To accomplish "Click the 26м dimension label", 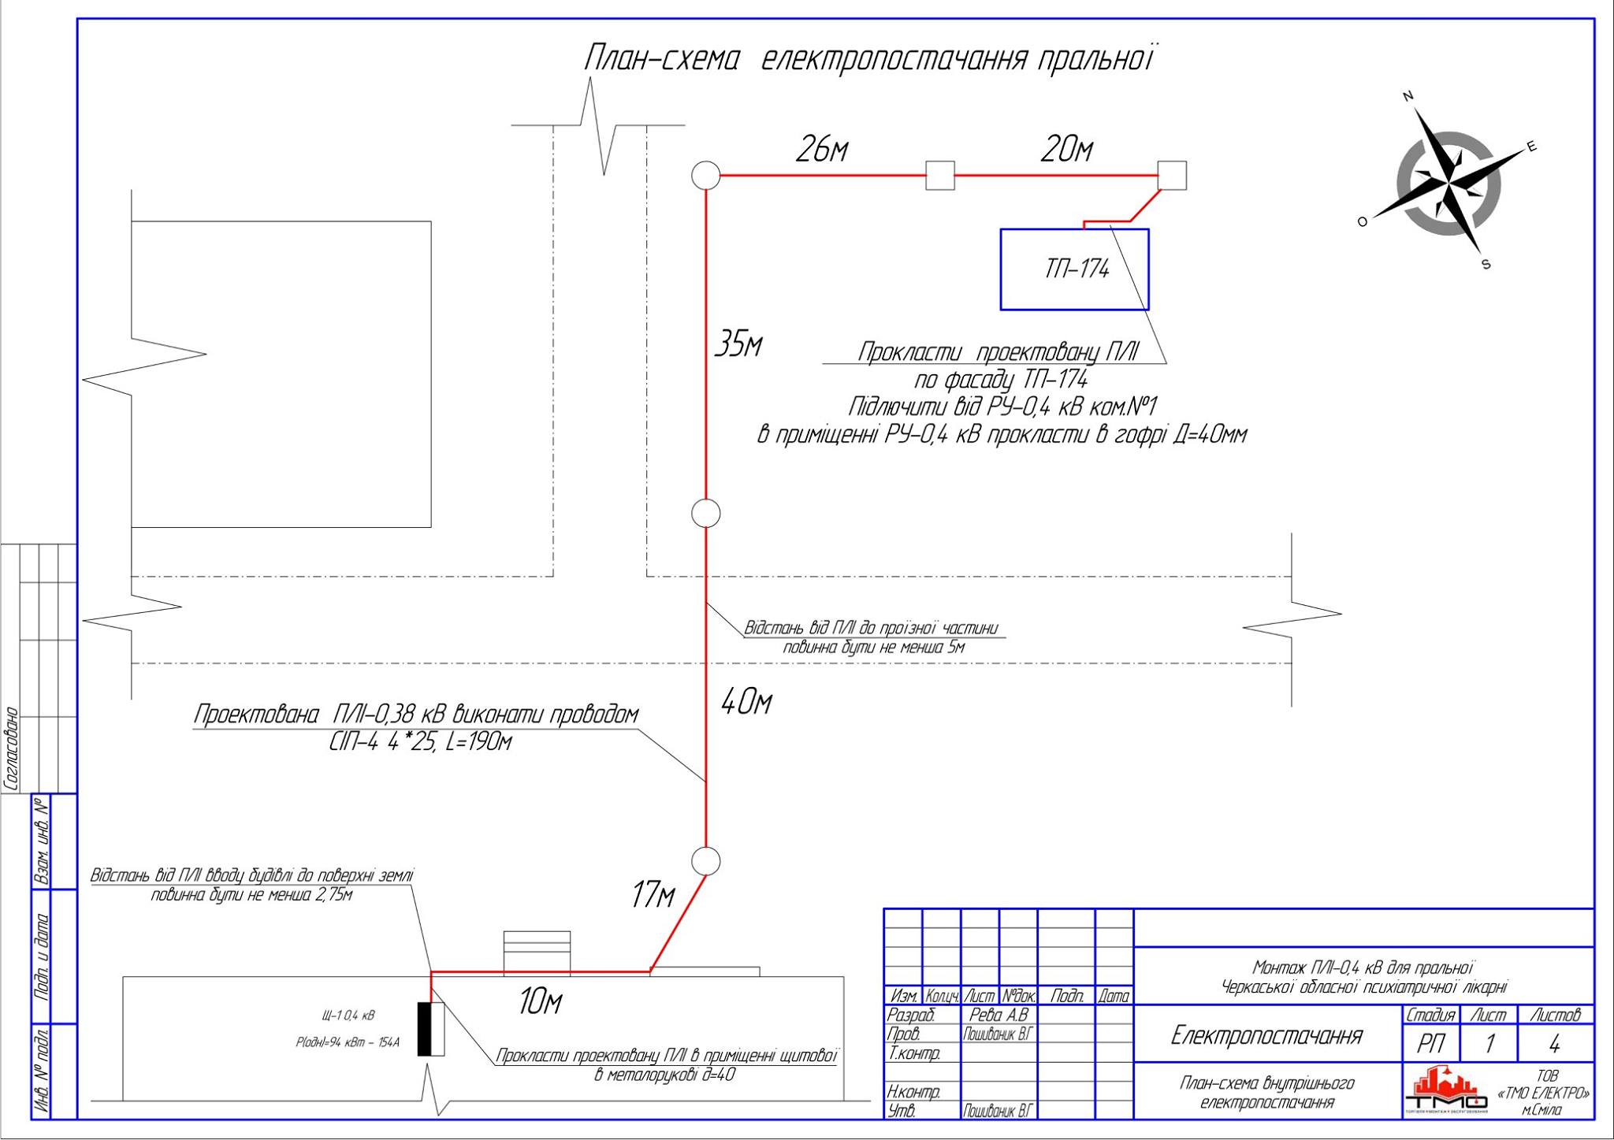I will pos(821,149).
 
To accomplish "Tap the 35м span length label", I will pos(738,344).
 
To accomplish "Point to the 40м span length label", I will pos(746,701).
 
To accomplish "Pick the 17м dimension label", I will pos(653,895).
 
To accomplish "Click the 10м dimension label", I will pos(540,1002).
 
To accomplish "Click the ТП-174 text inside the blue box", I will pos(1077,269).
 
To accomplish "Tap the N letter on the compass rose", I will pos(1408,97).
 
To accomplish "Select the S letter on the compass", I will pos(1486,264).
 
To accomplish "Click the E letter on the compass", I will pos(1532,147).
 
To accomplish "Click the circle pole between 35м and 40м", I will pos(706,514).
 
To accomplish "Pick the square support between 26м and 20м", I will pos(939,176).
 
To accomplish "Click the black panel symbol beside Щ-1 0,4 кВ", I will pos(426,1029).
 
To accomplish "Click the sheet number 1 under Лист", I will pos(1489,1045).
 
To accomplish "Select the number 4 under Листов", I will pos(1554,1045).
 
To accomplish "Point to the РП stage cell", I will pos(1430,1045).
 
